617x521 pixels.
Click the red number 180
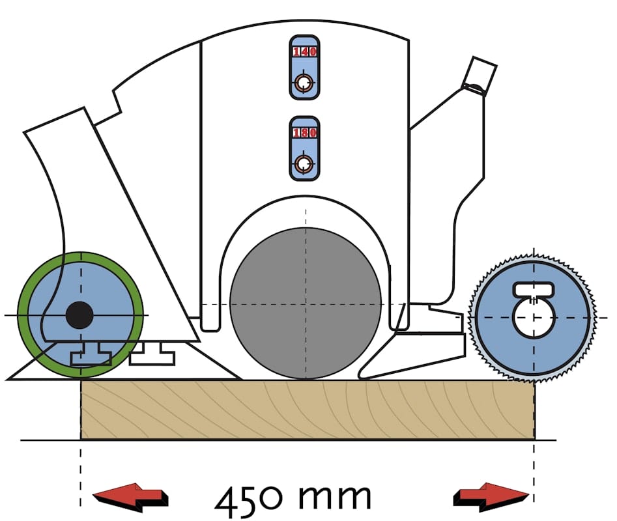(x=304, y=133)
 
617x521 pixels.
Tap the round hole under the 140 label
(x=304, y=83)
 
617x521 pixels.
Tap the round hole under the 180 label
(x=304, y=163)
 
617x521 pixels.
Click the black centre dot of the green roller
(x=79, y=316)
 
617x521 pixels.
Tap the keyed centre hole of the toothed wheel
(x=534, y=318)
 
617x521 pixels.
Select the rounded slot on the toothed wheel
(x=534, y=288)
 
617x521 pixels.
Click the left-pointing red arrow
(x=131, y=498)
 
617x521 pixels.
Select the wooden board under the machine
(x=306, y=410)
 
